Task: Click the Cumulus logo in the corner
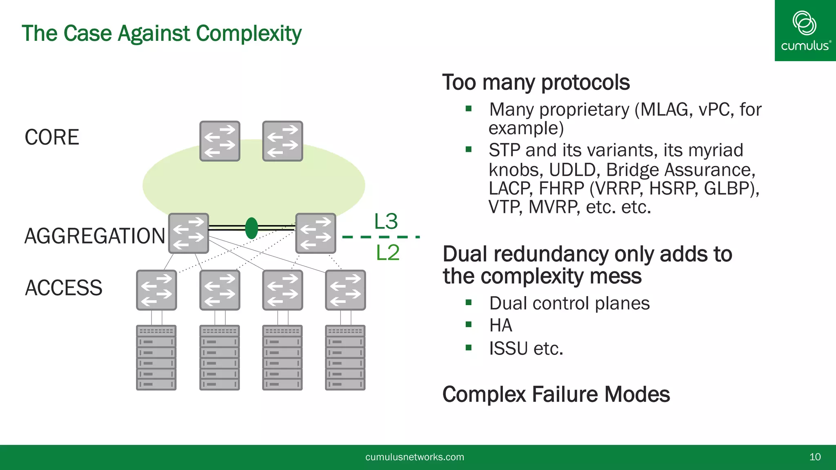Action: point(805,31)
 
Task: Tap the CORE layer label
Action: point(52,137)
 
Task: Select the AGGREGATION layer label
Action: point(95,236)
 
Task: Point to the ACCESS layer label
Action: point(64,288)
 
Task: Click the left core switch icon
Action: point(220,141)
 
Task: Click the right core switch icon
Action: point(282,141)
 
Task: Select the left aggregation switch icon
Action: point(189,233)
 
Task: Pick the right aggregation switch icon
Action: point(316,233)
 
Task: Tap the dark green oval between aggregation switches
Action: point(251,228)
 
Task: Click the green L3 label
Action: point(386,222)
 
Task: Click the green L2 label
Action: point(387,253)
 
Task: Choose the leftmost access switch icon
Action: point(156,290)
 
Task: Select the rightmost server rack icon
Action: point(345,357)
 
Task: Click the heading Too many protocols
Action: point(536,82)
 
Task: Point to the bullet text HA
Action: point(500,326)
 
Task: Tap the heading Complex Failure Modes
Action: point(556,395)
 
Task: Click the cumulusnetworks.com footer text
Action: point(414,457)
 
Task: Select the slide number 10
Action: point(815,457)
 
